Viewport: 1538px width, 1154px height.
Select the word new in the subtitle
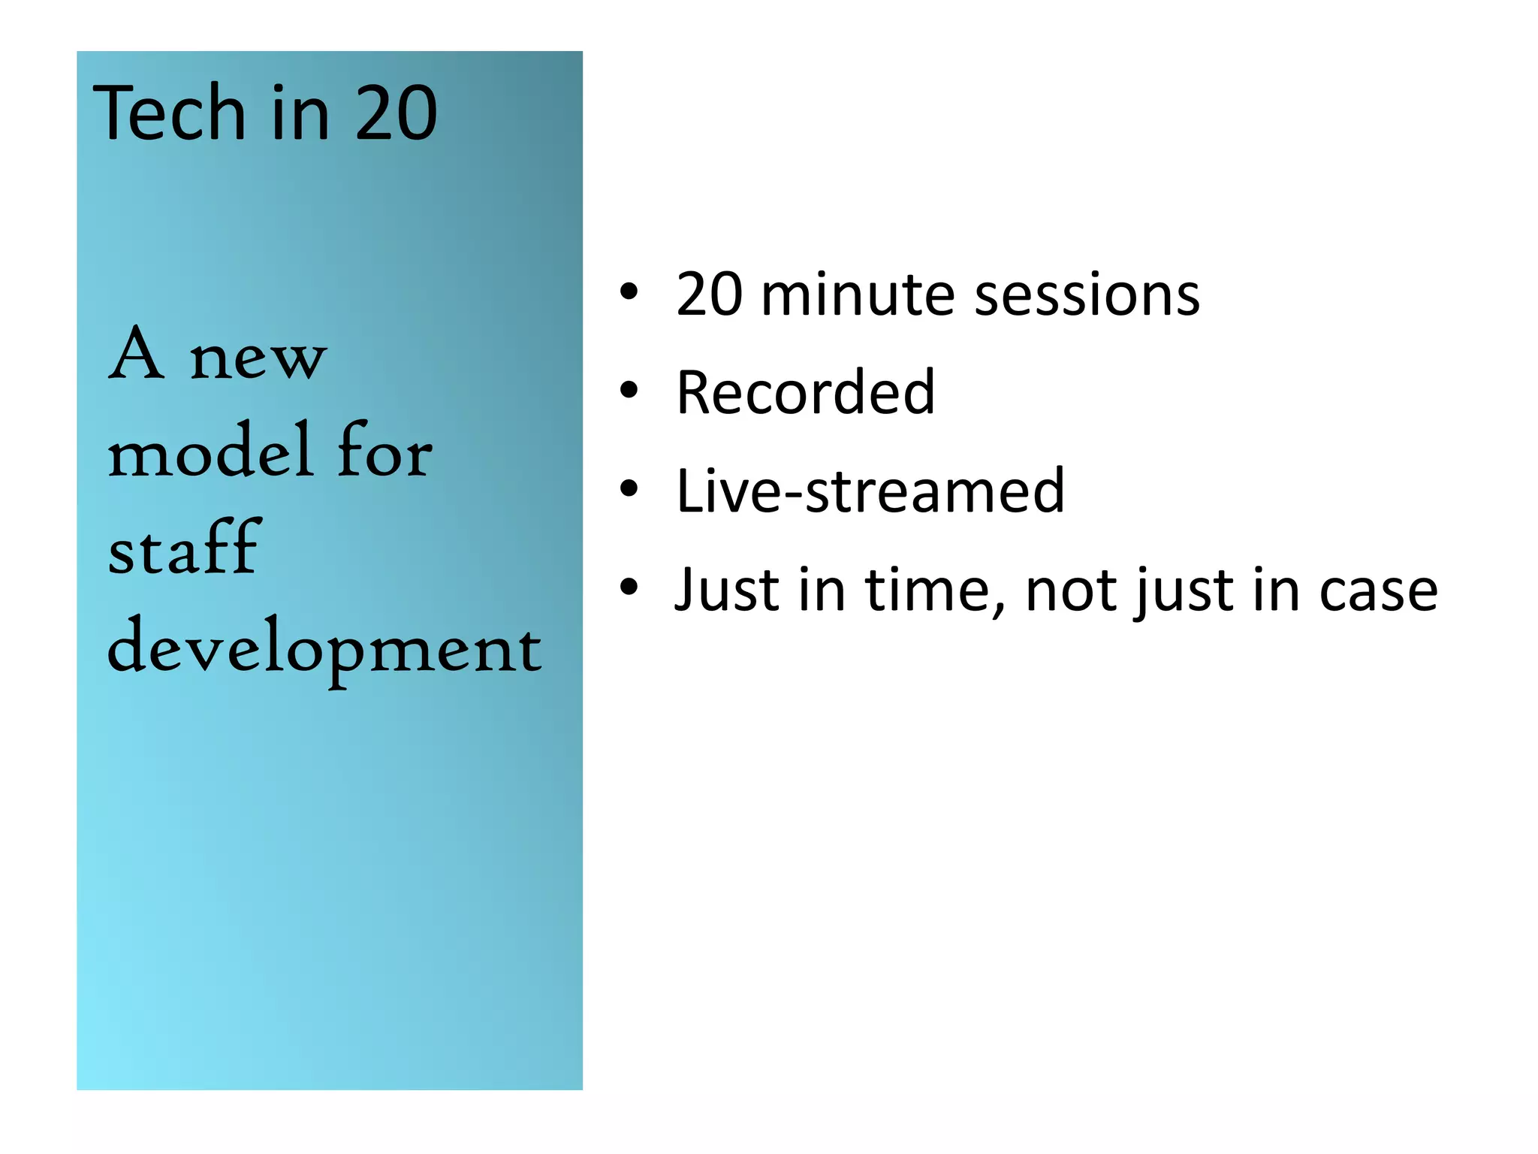(x=258, y=358)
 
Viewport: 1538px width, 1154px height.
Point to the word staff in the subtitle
(x=185, y=548)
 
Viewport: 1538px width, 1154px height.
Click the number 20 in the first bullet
(x=710, y=294)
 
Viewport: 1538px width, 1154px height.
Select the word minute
(x=858, y=294)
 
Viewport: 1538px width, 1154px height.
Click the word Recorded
(x=806, y=392)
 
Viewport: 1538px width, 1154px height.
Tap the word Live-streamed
(x=870, y=491)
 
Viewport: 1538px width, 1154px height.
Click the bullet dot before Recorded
(x=629, y=390)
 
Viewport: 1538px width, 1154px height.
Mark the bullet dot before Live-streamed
(x=629, y=488)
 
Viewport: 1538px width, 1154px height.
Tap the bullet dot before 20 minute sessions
(x=629, y=291)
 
